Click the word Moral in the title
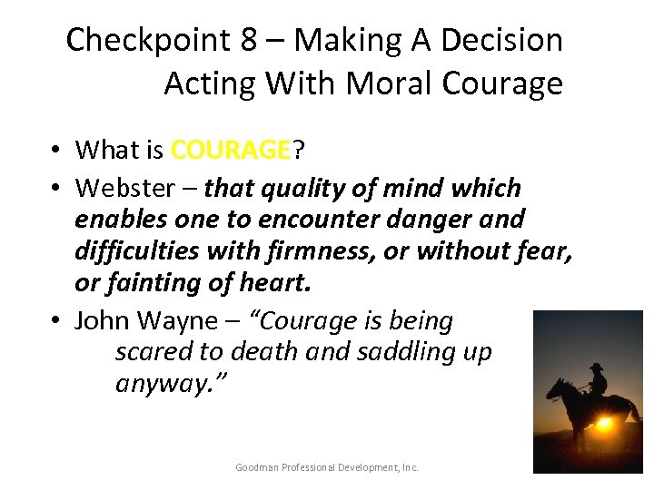pyautogui.click(x=382, y=83)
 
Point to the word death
pyautogui.click(x=263, y=351)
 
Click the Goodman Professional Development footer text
pyautogui.click(x=327, y=467)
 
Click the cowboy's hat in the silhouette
pyautogui.click(x=596, y=367)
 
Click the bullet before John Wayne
pyautogui.click(x=55, y=321)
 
